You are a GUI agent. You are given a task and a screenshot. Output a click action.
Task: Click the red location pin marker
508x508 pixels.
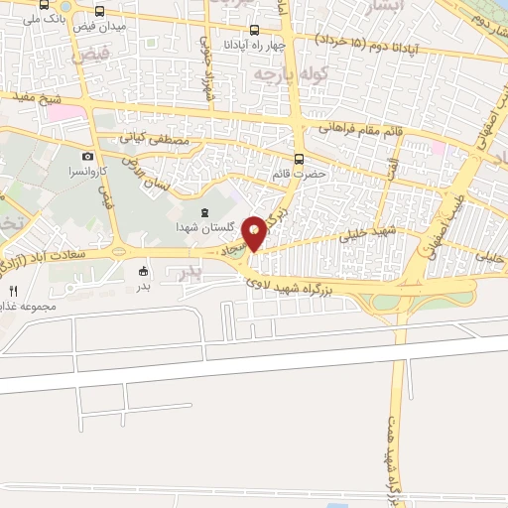[255, 232]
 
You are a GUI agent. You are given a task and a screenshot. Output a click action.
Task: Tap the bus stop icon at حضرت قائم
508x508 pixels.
[300, 159]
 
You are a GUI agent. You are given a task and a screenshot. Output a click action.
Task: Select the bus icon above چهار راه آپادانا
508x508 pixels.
[255, 30]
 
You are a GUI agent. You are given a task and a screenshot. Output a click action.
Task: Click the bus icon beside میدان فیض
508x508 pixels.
[99, 10]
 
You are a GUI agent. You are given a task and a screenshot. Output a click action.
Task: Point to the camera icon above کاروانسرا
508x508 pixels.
[88, 156]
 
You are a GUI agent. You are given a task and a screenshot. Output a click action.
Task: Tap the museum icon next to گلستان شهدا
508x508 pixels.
[204, 213]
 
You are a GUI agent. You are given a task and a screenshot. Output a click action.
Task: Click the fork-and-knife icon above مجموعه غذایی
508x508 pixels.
[13, 291]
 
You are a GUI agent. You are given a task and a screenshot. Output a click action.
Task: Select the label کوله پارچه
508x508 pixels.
[277, 74]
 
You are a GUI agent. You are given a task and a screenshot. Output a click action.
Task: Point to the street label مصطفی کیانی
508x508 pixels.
[154, 141]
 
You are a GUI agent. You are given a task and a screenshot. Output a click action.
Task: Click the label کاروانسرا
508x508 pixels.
[88, 172]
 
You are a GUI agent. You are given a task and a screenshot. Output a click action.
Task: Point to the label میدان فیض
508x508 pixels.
[99, 25]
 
